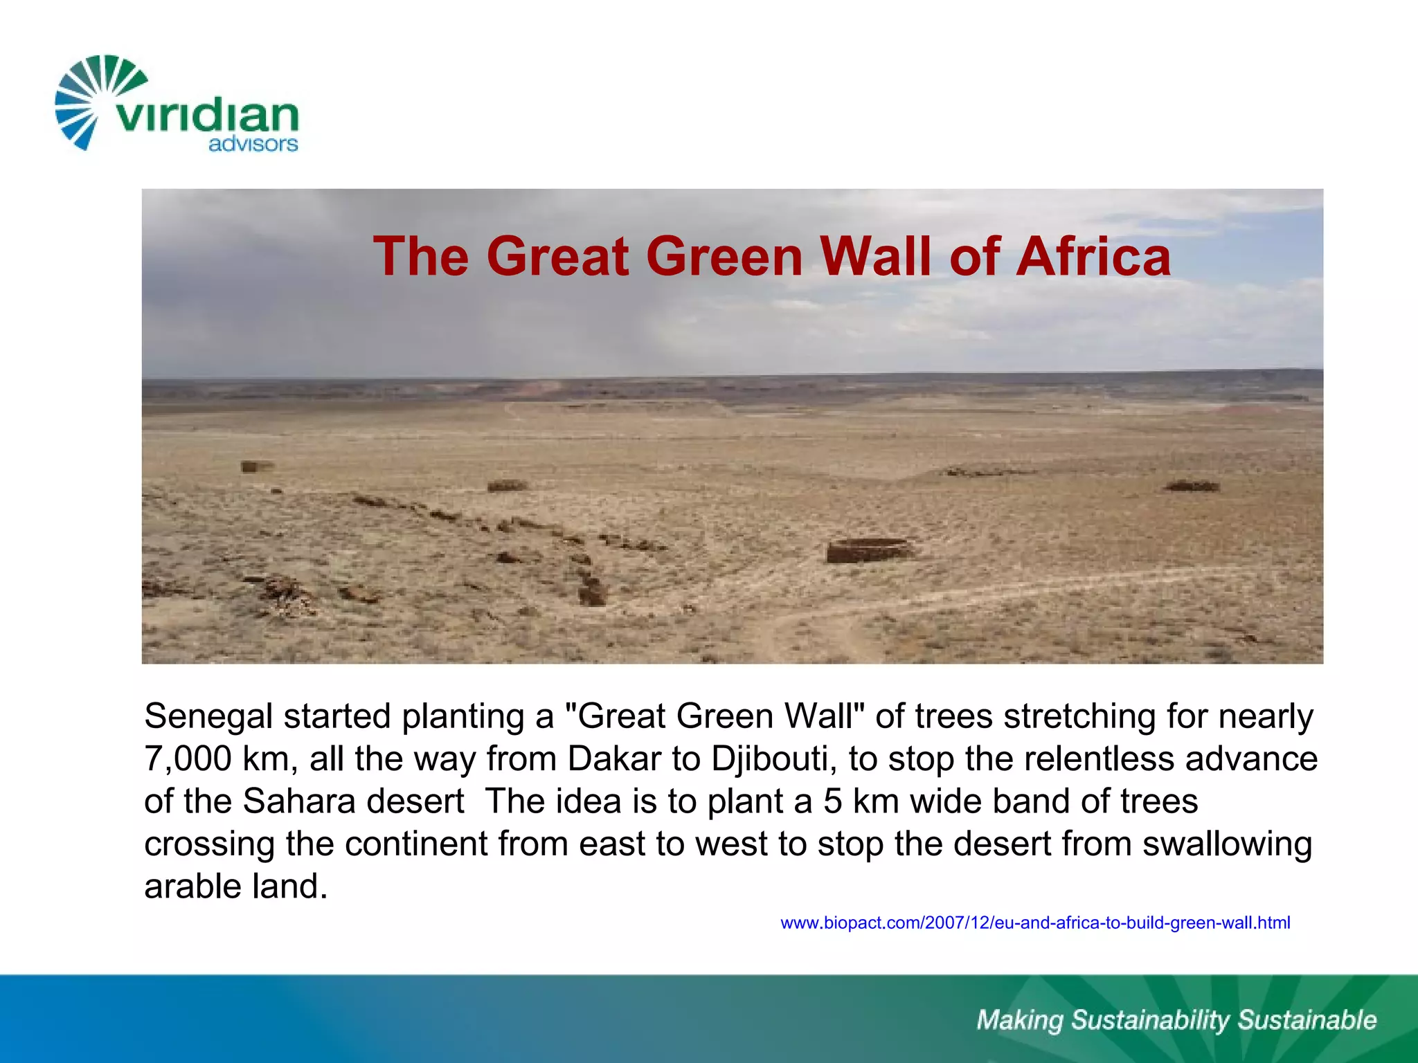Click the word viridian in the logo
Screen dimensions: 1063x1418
pos(206,116)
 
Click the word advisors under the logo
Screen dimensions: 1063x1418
pos(253,144)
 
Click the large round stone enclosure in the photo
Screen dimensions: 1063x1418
pos(869,550)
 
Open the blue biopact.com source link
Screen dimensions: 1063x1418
pos(1035,923)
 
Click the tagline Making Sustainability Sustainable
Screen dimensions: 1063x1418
pos(1176,1020)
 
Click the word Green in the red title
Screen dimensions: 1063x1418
pos(724,256)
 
